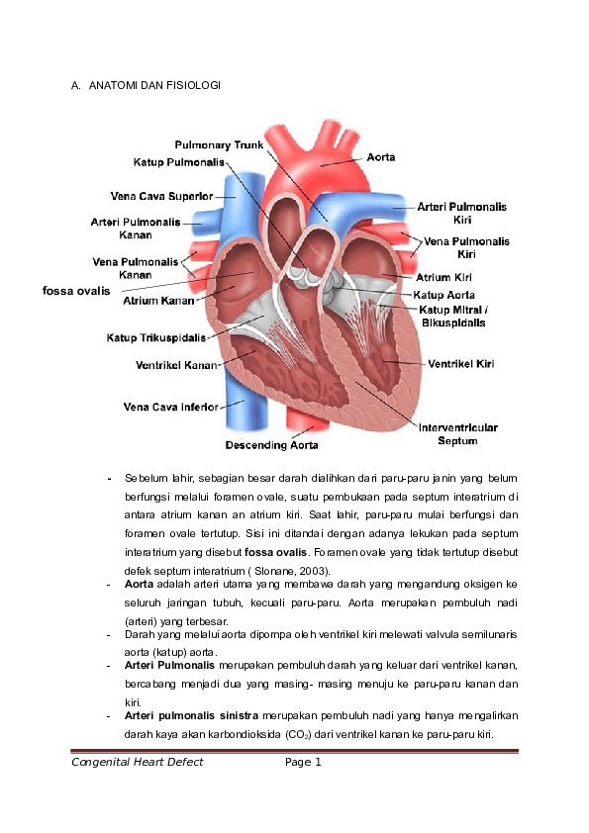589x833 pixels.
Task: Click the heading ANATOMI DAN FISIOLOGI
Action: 154,85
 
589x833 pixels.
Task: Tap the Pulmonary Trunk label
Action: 219,145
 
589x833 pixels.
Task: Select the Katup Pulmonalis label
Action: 179,162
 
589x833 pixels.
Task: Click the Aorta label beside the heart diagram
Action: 381,157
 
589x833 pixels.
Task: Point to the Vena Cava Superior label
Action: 161,196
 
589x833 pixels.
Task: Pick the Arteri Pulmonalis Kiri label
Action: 462,213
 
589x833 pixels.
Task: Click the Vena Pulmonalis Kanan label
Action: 136,268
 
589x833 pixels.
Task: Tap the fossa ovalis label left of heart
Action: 76,291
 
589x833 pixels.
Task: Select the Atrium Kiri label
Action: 443,277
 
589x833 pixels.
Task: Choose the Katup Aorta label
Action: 444,295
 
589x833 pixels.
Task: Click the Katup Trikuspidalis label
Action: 156,338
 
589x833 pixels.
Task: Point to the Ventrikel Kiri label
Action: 461,364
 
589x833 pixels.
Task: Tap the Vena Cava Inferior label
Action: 171,407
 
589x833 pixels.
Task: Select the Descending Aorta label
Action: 271,445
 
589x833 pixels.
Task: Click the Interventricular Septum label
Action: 458,434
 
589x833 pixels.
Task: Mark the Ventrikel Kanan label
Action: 176,365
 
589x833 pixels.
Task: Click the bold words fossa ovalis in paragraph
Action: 275,552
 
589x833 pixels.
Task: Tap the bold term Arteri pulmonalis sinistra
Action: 191,715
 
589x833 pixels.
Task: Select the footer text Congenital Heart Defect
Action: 138,762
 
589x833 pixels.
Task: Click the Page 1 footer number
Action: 303,762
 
